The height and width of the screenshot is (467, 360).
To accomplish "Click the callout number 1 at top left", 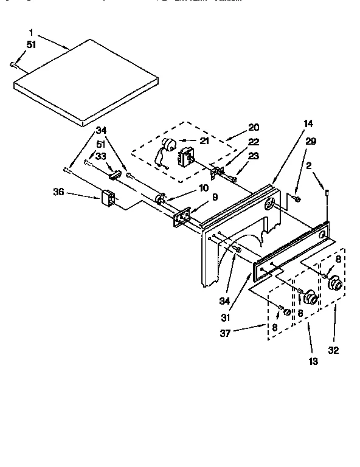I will click(x=31, y=31).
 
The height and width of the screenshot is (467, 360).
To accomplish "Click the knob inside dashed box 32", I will click(x=334, y=283).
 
